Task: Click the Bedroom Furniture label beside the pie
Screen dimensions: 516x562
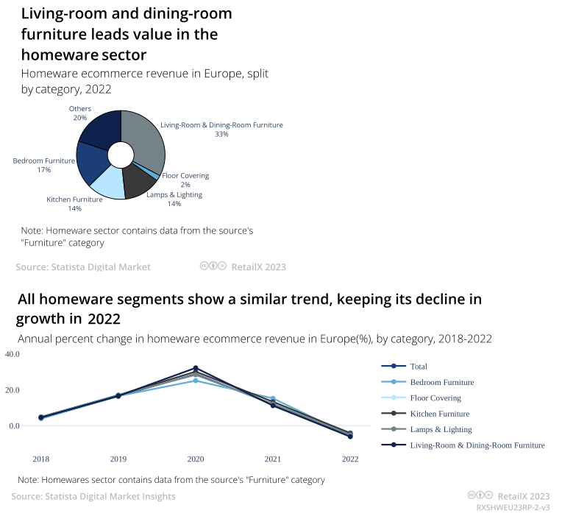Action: [44, 160]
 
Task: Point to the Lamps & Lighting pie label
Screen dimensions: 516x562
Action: [174, 195]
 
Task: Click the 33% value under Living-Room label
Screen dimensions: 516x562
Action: [221, 135]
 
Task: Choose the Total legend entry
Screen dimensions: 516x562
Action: [419, 366]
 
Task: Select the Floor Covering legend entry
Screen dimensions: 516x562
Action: [435, 397]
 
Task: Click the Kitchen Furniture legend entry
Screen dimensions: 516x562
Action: [439, 414]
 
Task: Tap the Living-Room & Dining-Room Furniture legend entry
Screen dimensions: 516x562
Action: [477, 445]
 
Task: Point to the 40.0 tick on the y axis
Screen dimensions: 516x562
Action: [13, 354]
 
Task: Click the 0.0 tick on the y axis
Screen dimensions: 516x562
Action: [15, 425]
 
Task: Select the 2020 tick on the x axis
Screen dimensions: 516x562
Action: [196, 459]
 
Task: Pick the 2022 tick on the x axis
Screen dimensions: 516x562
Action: [350, 459]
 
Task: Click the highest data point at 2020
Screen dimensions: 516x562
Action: [196, 368]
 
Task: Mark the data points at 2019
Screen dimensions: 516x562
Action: [118, 396]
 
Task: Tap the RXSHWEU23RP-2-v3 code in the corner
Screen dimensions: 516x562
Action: [513, 508]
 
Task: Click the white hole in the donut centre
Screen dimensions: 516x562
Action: [121, 155]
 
